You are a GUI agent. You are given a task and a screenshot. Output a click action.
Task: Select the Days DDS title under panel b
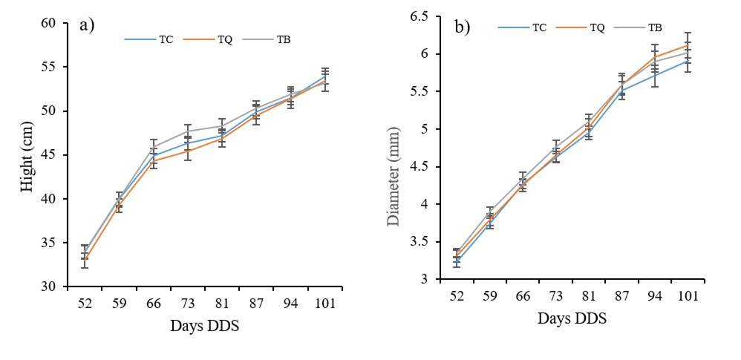pos(573,319)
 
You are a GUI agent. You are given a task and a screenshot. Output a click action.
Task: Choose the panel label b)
pos(463,28)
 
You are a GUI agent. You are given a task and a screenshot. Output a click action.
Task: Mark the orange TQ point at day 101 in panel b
pos(688,45)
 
